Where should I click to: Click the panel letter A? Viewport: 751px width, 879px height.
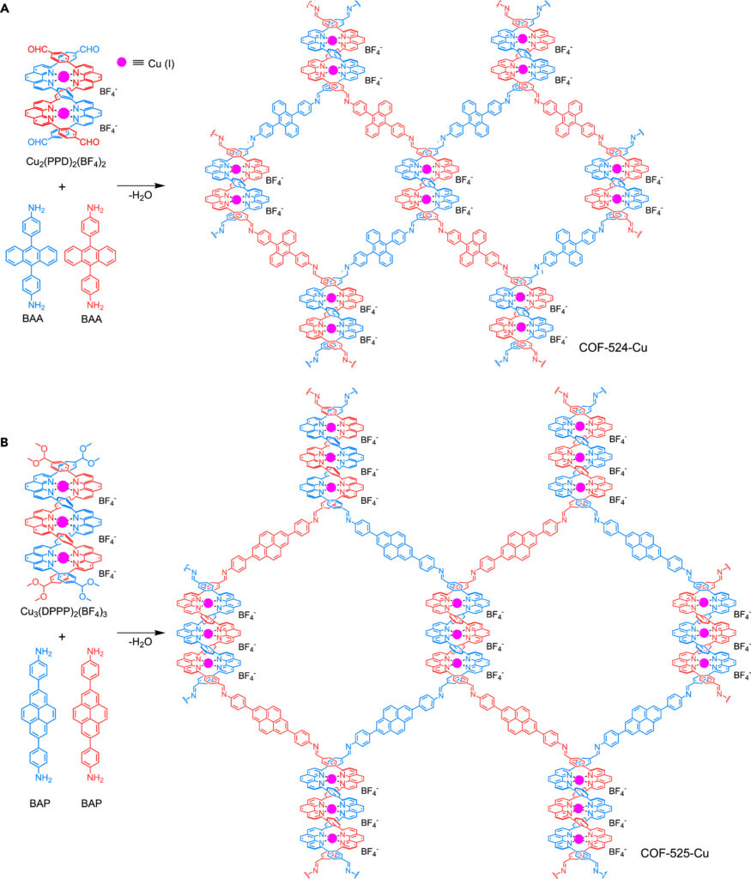[8, 8]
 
